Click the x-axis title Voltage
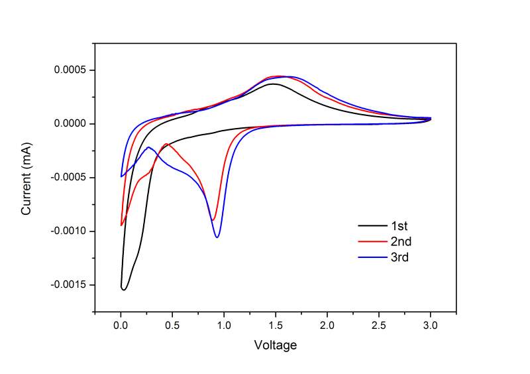click(276, 345)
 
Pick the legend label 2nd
click(401, 241)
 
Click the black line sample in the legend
click(370, 225)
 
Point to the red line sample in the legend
click(370, 241)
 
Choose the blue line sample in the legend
click(370, 257)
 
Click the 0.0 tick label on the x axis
click(121, 326)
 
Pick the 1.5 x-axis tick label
click(276, 326)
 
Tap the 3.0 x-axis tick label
click(431, 326)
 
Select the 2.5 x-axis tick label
click(379, 326)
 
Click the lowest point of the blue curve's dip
click(217, 237)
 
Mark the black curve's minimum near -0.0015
click(124, 290)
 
